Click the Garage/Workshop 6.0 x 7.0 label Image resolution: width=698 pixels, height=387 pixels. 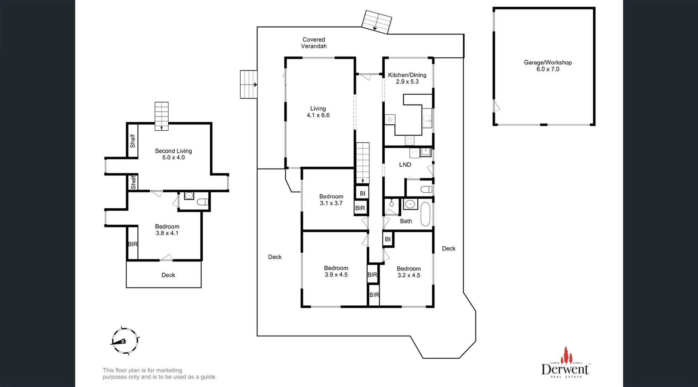click(547, 66)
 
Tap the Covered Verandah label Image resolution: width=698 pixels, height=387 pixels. click(314, 43)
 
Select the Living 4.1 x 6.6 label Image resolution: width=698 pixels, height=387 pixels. click(318, 112)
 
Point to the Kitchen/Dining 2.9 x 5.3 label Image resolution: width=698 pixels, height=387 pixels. click(407, 78)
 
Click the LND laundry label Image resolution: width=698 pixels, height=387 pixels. click(405, 165)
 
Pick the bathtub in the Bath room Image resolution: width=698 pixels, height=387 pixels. click(425, 215)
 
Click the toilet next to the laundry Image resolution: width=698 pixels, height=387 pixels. click(426, 189)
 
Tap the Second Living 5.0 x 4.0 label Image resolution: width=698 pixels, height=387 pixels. click(173, 154)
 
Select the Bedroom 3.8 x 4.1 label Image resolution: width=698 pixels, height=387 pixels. click(167, 230)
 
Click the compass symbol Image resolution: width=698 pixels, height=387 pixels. click(125, 341)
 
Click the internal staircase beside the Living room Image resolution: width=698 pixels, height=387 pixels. click(362, 163)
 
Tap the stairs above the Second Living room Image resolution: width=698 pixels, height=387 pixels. click(161, 116)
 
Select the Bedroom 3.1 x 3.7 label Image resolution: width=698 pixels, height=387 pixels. click(331, 200)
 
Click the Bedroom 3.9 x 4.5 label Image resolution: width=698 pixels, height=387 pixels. click(336, 271)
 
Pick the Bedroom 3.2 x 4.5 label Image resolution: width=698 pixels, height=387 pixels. click(409, 272)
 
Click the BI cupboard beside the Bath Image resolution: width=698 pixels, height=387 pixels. click(388, 239)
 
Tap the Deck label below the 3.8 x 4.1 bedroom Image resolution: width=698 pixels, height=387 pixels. click(168, 275)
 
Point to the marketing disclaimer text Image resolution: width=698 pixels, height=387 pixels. click(159, 374)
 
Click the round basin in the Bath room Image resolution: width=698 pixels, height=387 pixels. click(410, 204)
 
